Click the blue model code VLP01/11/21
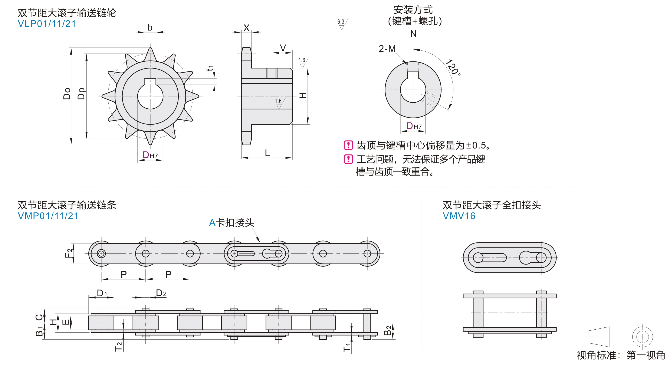(47, 24)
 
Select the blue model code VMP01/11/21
(48, 216)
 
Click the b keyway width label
(150, 27)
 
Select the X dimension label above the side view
(246, 28)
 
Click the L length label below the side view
(267, 153)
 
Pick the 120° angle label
(453, 67)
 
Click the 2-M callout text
(387, 49)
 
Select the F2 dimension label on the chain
(68, 253)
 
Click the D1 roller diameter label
(102, 293)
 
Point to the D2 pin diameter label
(161, 293)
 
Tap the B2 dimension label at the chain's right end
(388, 330)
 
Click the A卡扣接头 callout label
(231, 223)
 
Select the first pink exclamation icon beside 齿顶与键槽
(348, 145)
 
